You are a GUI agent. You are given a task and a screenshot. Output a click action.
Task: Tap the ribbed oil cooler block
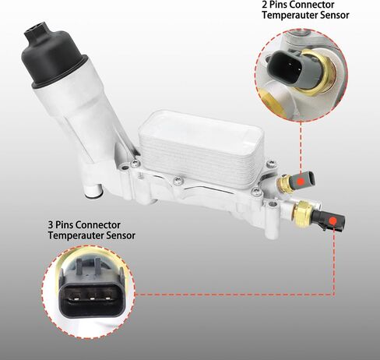(201, 149)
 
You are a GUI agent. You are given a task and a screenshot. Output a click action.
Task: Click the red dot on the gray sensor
(301, 181)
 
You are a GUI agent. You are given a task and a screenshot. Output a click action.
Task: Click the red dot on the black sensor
(332, 221)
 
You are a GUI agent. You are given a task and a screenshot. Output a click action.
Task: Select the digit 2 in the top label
(265, 5)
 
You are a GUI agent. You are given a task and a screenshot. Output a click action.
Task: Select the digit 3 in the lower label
(51, 224)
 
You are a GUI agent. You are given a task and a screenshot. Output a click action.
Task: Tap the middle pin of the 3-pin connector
(92, 299)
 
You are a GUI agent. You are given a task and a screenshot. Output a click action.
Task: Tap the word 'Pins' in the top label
(281, 5)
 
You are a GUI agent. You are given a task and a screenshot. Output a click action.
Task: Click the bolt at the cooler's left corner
(135, 164)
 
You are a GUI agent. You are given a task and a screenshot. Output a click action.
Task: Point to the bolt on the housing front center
(178, 181)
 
